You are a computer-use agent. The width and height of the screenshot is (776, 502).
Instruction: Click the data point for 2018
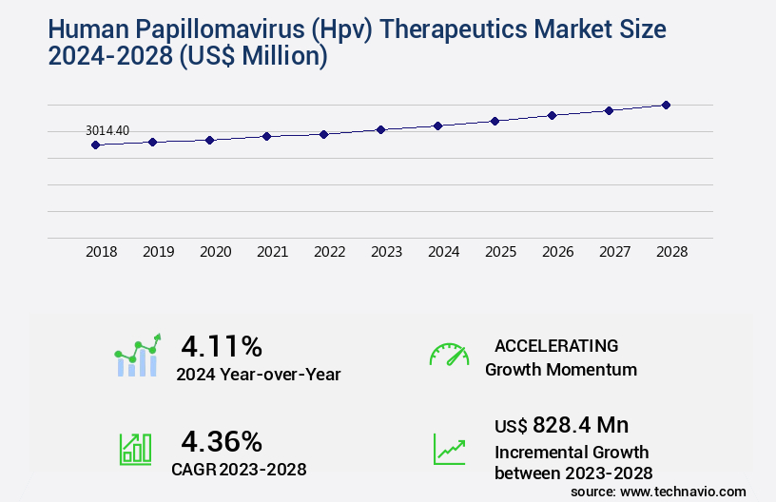click(95, 145)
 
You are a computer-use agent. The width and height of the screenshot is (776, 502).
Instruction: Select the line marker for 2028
click(666, 105)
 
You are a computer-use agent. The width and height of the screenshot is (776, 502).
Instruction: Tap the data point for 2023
click(380, 129)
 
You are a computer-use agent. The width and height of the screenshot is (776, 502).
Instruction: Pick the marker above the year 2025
click(495, 121)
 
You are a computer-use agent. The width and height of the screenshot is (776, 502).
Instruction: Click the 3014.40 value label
click(107, 130)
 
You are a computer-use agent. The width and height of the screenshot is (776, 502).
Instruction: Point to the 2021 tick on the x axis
click(272, 252)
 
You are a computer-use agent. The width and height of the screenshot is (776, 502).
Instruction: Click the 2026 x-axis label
click(557, 252)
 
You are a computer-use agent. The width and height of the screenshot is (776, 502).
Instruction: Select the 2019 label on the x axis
click(158, 252)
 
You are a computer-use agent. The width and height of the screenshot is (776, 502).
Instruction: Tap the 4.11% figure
click(222, 345)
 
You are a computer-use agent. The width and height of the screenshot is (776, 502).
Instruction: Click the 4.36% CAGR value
click(222, 441)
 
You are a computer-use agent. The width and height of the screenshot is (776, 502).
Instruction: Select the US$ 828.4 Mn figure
click(561, 425)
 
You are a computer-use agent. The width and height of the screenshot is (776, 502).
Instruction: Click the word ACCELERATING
click(556, 345)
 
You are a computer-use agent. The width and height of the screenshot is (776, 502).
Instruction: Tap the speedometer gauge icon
click(449, 355)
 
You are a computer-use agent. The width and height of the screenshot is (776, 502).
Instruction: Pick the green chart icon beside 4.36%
click(135, 448)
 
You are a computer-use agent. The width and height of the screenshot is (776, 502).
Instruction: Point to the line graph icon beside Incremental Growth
click(449, 448)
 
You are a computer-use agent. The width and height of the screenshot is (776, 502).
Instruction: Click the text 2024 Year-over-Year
click(258, 375)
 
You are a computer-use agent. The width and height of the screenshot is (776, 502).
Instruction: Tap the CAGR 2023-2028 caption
click(239, 469)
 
